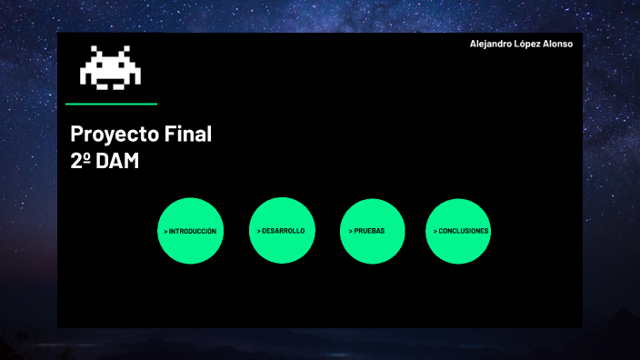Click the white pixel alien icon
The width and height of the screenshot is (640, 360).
111,67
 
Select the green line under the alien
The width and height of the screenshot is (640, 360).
111,104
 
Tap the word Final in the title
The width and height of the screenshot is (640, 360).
188,135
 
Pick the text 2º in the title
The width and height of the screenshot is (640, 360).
80,160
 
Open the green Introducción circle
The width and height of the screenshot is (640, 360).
190,231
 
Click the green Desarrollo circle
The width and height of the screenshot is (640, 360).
281,231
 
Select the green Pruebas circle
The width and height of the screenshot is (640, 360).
371,231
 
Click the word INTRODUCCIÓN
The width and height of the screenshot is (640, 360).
193,232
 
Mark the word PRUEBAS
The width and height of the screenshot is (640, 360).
370,231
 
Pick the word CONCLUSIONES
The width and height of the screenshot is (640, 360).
464,231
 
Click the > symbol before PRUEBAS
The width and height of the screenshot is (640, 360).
351,231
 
